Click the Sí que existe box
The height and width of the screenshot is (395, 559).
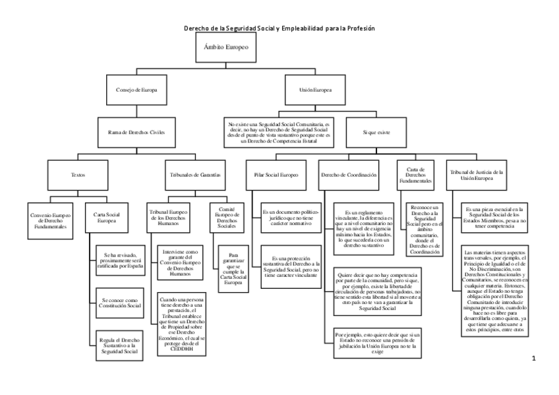coord(376,132)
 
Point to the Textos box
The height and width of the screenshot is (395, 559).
coord(78,175)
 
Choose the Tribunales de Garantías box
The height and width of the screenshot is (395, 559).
coord(191,175)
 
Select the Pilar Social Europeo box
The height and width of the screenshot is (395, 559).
coord(276,175)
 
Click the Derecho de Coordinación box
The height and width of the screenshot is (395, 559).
coord(349,175)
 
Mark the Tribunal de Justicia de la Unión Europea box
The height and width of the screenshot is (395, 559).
coord(476,175)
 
